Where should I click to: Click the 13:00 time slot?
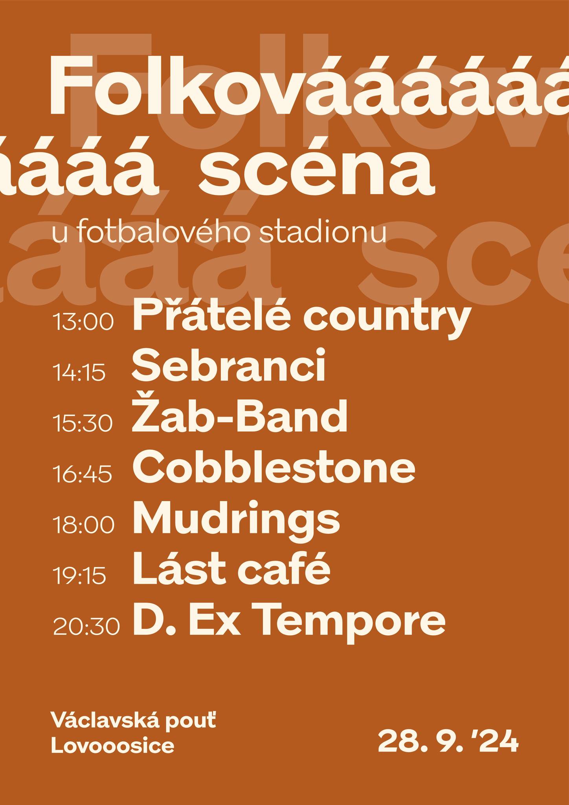tap(83, 322)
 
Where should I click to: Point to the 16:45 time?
tap(83, 473)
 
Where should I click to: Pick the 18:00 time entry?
tap(84, 524)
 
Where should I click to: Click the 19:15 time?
tap(80, 574)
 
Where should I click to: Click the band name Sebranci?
tap(229, 366)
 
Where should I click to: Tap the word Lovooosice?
tap(113, 746)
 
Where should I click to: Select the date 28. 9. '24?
tap(448, 741)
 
